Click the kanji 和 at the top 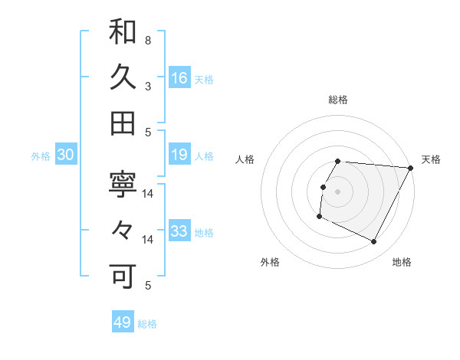point(123,33)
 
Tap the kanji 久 point(123,78)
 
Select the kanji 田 point(123,123)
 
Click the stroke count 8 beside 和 point(148,40)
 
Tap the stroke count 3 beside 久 point(148,86)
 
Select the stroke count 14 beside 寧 point(148,193)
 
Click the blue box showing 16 point(179,77)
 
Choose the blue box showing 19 point(179,155)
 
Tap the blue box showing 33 point(179,231)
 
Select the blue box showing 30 point(66,155)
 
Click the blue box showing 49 point(123,322)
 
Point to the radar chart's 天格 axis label point(431,159)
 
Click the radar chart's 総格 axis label point(338,100)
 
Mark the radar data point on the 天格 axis point(411,168)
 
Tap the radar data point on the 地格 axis point(374,242)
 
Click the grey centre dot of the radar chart point(338,191)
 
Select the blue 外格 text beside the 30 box point(41,156)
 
